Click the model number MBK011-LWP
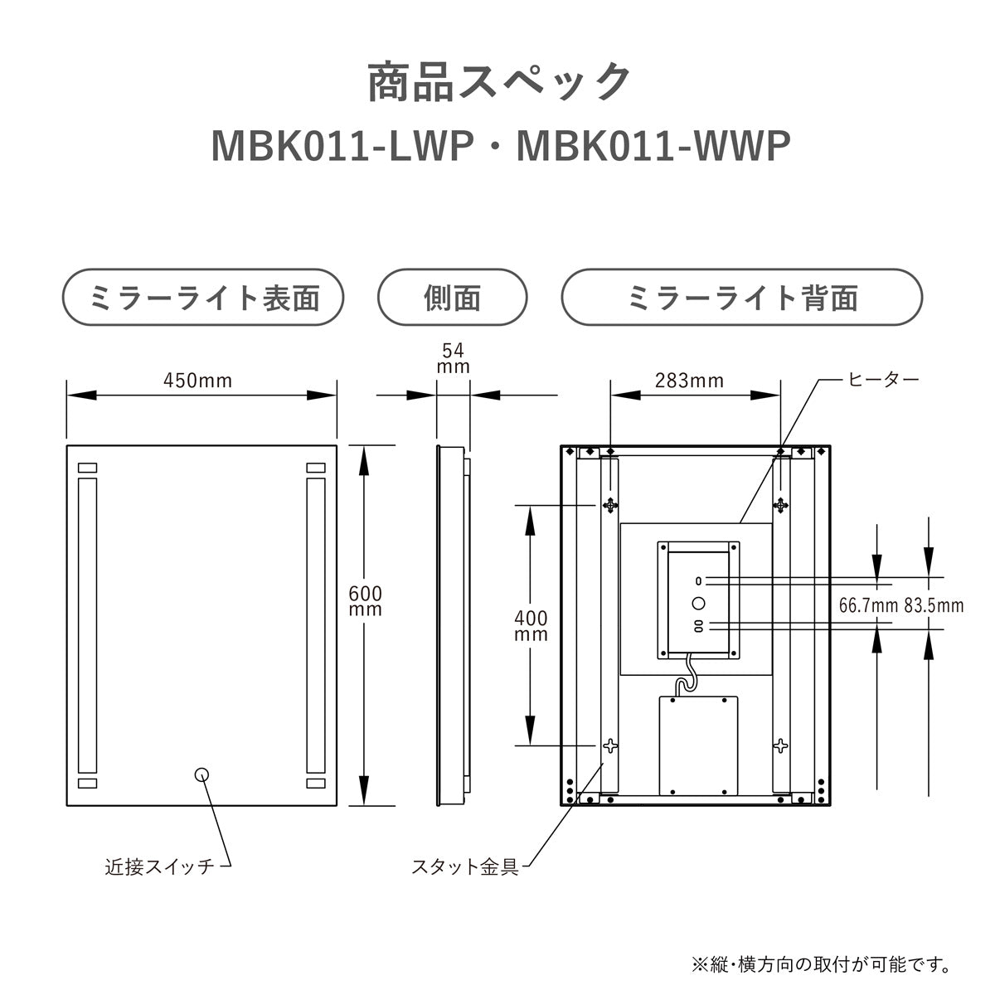coord(342,147)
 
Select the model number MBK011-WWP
coord(653,147)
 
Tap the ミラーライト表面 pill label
coord(203,298)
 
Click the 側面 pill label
coord(453,298)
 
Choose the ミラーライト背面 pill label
coord(742,298)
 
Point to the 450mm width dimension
coord(198,381)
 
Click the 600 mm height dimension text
coord(365,601)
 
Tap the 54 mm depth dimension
coord(453,359)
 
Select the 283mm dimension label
coord(689,381)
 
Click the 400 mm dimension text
coord(531,626)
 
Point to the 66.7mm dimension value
coord(868,605)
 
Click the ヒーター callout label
coord(883,380)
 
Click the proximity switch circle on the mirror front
coord(201,774)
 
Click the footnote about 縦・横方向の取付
coord(821,964)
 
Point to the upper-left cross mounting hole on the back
coord(610,506)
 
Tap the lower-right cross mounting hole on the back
coord(780,745)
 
